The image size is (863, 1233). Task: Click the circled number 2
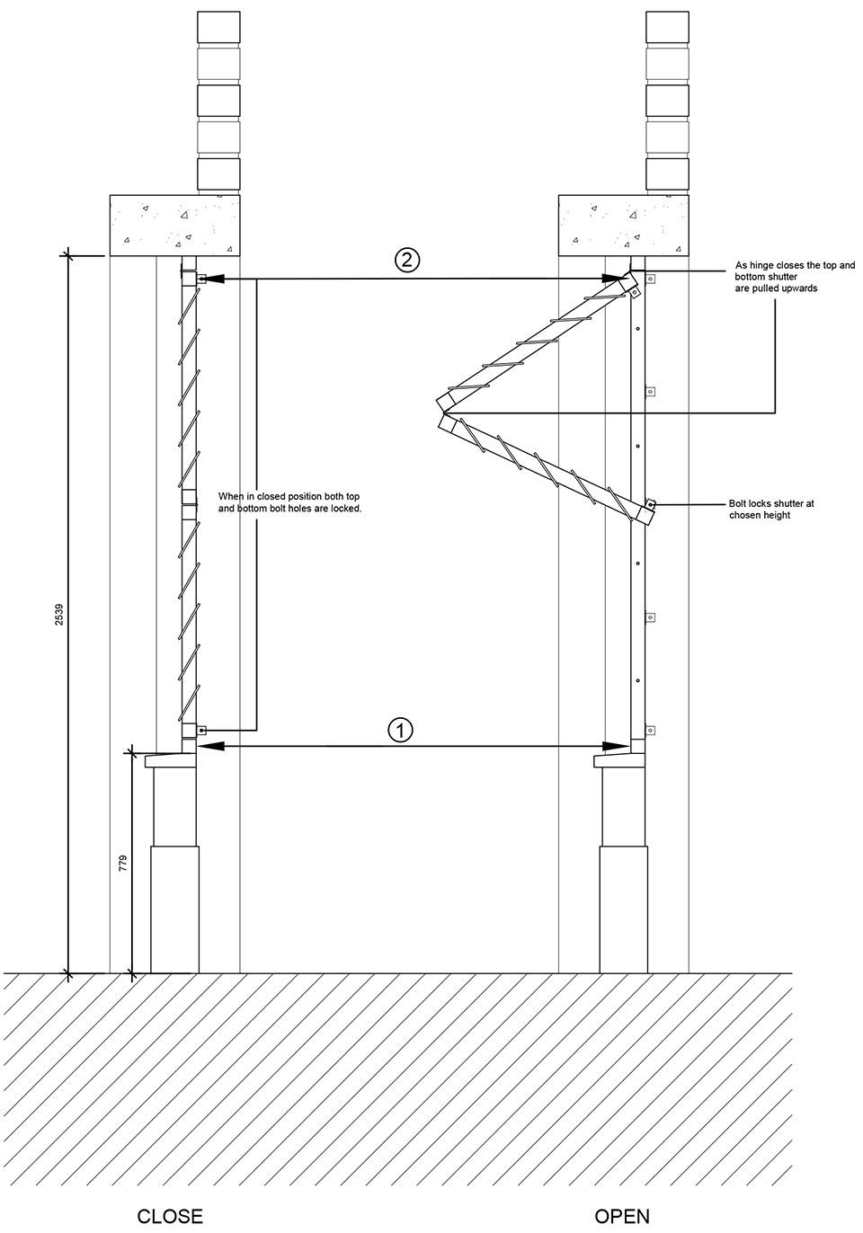407,260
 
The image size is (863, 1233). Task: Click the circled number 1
400,730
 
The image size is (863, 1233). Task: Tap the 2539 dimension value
59,615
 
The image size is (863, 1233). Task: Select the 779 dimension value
122,862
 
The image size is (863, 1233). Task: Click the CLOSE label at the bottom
170,1216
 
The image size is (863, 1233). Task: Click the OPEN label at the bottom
622,1216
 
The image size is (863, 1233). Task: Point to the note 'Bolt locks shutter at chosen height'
771,510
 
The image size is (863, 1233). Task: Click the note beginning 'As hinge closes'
795,277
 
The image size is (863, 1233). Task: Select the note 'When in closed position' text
289,502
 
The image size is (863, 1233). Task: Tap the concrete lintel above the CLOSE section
175,226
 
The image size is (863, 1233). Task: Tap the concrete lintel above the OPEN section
624,226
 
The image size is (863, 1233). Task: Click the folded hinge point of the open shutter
443,412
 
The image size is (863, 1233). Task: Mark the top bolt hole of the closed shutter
202,279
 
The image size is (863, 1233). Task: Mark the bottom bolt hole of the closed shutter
202,731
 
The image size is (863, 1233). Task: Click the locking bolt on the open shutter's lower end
651,503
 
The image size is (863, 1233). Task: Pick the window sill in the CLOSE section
171,760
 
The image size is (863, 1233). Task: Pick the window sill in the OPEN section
619,760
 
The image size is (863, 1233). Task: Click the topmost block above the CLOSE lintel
218,28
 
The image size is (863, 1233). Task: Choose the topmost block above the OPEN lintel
667,28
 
